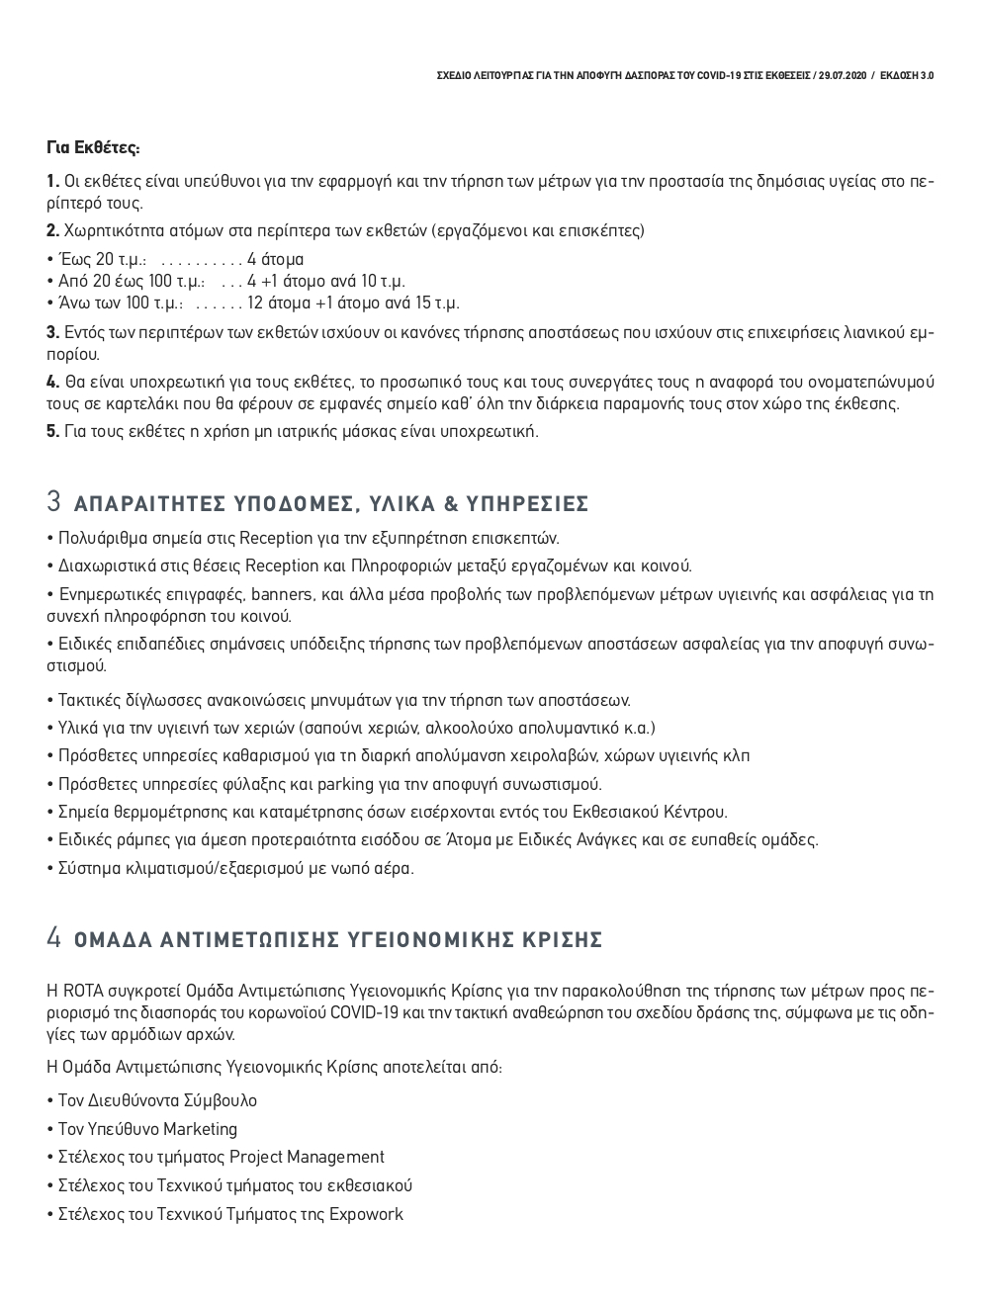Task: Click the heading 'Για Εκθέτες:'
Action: (93, 148)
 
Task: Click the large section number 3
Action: (54, 502)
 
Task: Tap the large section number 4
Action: (54, 937)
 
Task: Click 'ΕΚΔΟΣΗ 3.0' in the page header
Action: (906, 75)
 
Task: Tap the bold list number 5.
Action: (52, 431)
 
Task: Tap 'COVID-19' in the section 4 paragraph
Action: (363, 1012)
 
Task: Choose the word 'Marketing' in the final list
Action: (201, 1129)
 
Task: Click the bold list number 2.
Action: (52, 231)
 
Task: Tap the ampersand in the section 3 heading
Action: (450, 505)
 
